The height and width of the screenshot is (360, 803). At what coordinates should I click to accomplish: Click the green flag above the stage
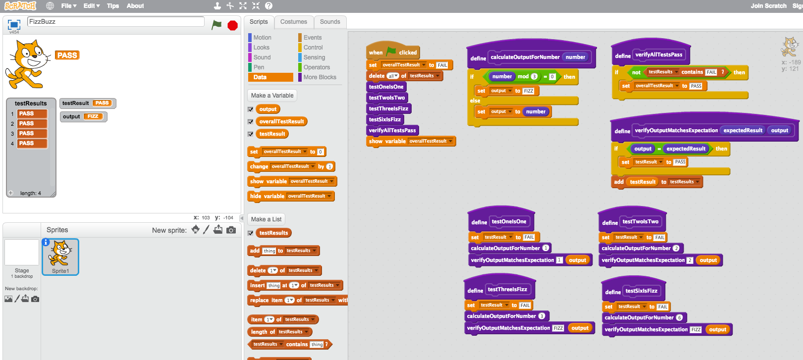[216, 25]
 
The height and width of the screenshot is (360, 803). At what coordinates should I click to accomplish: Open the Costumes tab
[294, 22]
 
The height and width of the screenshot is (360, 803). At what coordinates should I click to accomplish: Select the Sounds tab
[330, 22]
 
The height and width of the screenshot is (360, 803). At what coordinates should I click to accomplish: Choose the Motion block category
[262, 38]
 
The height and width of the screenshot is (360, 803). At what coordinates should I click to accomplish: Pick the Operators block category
[317, 67]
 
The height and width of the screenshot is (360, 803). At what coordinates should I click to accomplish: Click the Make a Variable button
[272, 96]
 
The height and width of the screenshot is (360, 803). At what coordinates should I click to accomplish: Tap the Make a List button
[266, 219]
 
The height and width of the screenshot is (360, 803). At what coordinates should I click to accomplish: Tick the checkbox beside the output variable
[251, 109]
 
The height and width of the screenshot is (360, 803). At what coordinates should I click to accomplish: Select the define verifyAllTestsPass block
[623, 56]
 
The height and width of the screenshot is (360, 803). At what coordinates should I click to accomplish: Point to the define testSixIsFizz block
[613, 292]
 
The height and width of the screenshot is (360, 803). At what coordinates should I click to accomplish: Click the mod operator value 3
[534, 77]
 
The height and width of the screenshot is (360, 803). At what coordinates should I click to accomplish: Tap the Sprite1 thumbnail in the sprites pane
[60, 257]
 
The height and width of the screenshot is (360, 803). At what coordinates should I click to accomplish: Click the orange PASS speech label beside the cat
[67, 55]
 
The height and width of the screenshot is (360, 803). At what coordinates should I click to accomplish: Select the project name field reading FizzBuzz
[116, 22]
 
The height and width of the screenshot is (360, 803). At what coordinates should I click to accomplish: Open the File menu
[68, 6]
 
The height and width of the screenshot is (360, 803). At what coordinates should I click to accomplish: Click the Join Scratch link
[768, 6]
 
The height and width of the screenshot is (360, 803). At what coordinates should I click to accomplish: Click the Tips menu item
[113, 6]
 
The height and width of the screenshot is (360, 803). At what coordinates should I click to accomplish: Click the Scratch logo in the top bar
[20, 6]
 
